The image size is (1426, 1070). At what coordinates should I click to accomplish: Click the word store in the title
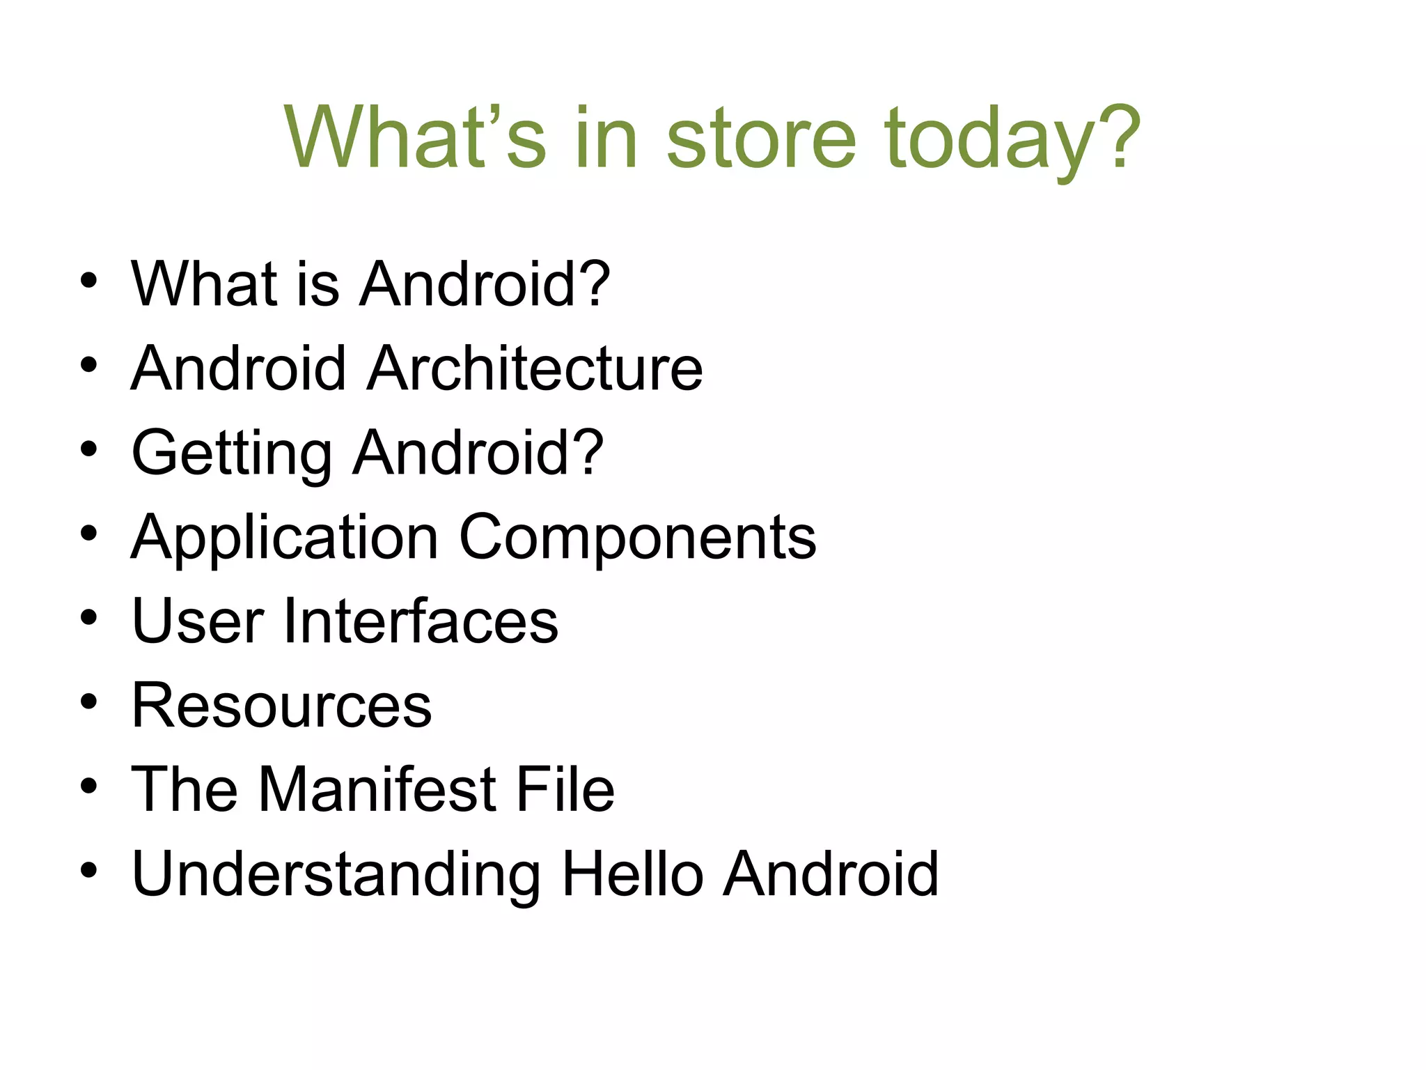761,137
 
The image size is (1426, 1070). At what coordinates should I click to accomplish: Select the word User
198,621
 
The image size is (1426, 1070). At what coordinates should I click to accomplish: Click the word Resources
281,705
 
